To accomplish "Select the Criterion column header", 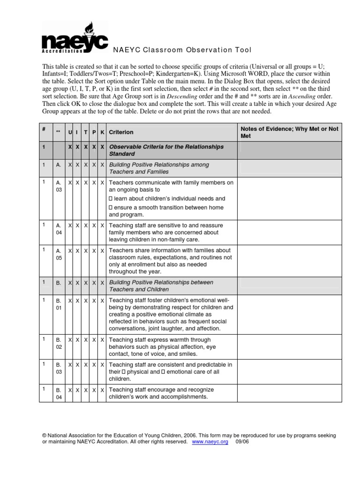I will [x=121, y=132].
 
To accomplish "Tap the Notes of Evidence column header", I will [x=289, y=132].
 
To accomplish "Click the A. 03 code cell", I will [x=59, y=186].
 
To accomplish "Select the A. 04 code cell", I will [x=59, y=229].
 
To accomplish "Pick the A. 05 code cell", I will [x=59, y=254].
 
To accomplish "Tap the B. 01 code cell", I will [x=59, y=304].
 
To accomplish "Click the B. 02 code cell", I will [x=59, y=343].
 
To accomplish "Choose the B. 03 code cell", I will [x=59, y=368].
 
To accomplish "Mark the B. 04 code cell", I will [x=59, y=393].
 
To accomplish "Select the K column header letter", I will [x=102, y=132].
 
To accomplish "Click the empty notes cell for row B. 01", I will [x=289, y=314].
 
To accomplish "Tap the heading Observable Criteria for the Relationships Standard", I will [x=166, y=150].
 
